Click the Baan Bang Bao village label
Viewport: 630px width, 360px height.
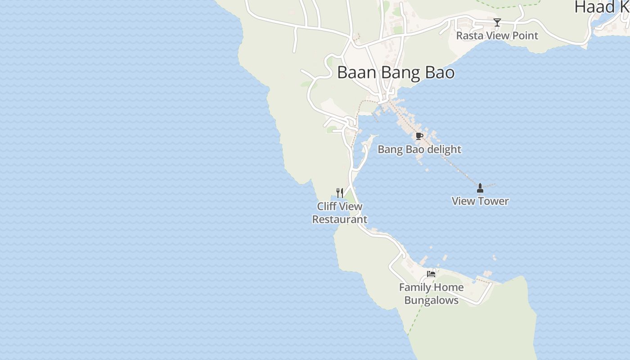click(x=396, y=72)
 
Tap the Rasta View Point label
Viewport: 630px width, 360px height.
click(x=497, y=36)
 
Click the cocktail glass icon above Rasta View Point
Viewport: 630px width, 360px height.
click(x=497, y=22)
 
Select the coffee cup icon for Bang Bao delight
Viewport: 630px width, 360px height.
click(x=419, y=136)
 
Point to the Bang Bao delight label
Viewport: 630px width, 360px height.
click(x=419, y=149)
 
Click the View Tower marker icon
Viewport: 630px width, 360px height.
click(x=480, y=188)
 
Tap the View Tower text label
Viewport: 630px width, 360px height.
click(x=480, y=201)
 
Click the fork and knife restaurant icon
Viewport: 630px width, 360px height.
click(x=340, y=193)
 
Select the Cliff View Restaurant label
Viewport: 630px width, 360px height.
click(x=340, y=213)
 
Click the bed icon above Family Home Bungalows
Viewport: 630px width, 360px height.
click(x=431, y=274)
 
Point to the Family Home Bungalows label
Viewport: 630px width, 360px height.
click(x=431, y=294)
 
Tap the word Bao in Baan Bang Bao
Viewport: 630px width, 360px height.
click(x=438, y=72)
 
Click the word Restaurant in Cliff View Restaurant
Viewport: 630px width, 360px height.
click(x=340, y=220)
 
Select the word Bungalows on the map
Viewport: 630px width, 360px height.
click(x=431, y=300)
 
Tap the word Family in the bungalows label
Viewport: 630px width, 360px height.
click(x=414, y=288)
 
